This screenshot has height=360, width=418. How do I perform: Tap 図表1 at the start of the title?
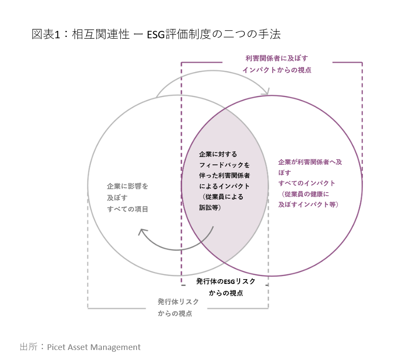tap(45, 35)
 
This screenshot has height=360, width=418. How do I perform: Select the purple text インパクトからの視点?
tap(277, 70)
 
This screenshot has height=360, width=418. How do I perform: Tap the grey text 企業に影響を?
tap(127, 186)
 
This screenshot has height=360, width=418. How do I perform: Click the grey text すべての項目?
tap(127, 209)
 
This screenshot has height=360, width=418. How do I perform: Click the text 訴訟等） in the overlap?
tap(211, 208)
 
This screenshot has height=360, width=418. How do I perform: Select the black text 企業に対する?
tap(218, 154)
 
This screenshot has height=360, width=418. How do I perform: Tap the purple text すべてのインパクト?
tap(307, 183)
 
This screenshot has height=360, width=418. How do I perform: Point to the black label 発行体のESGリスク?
tap(226, 281)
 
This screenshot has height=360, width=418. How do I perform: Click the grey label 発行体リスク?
tap(178, 302)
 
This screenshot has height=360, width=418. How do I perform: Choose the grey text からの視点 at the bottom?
tap(175, 313)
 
